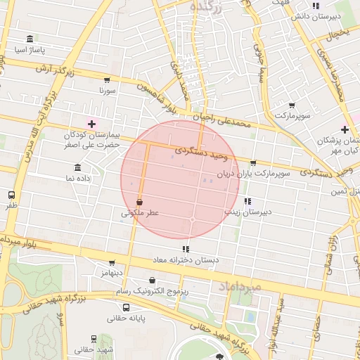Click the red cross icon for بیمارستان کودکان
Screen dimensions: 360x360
(x=91, y=123)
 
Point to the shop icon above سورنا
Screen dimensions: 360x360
(x=106, y=80)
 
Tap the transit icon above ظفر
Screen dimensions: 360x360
(x=11, y=195)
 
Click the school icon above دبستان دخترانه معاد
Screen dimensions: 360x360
(x=186, y=249)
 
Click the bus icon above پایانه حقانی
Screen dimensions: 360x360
(x=126, y=307)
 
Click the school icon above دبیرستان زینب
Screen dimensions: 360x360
(x=247, y=200)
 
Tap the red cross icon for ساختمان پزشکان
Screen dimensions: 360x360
(x=344, y=129)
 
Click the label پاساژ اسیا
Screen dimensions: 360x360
(x=30, y=51)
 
